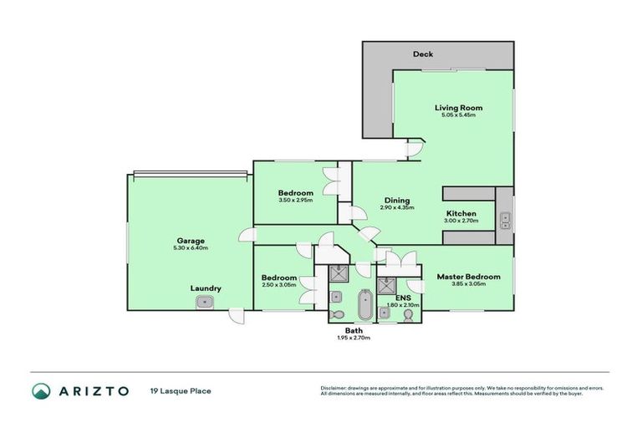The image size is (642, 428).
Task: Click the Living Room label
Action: click(458, 108)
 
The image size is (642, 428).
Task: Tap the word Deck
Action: click(423, 55)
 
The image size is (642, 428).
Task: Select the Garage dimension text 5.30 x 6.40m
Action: click(186, 247)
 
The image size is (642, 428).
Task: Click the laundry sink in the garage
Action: click(203, 304)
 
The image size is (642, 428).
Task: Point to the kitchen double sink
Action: click(505, 221)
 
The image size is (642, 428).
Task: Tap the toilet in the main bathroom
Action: click(336, 313)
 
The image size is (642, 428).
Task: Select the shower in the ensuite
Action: click(386, 285)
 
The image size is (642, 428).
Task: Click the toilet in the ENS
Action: click(384, 313)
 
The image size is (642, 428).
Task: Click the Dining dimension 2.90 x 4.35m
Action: click(396, 208)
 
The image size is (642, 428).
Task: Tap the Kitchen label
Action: click(461, 213)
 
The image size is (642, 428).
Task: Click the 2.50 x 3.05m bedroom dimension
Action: click(278, 285)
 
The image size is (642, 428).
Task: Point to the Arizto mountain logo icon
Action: click(41, 390)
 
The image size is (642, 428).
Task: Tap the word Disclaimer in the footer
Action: click(335, 388)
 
